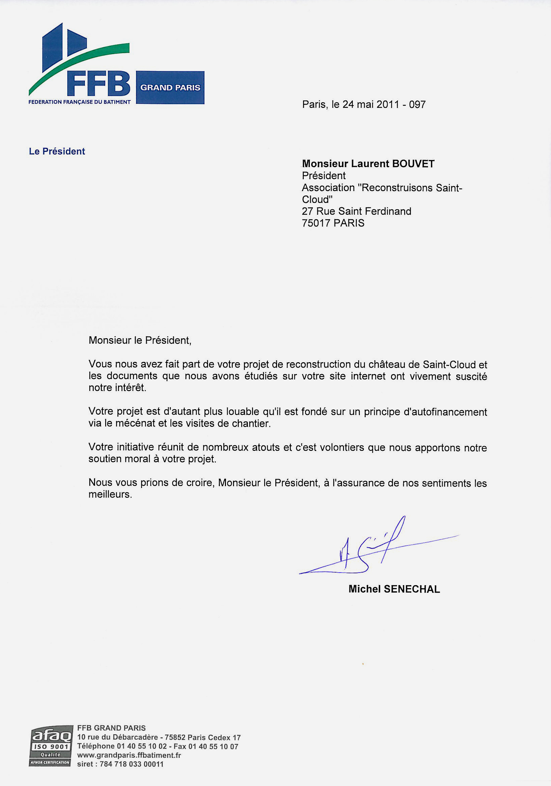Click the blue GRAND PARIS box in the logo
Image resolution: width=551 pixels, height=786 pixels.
170,88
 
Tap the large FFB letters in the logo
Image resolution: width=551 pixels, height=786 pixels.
99,84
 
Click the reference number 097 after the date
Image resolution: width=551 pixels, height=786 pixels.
417,105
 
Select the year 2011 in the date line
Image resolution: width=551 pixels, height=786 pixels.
388,105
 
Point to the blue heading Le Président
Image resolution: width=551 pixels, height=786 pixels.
57,151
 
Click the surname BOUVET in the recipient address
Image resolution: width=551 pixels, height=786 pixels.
413,164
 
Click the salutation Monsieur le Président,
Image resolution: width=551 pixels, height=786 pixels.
140,340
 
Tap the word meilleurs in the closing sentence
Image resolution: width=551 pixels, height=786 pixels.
110,494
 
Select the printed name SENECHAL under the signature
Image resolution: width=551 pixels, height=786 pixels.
412,589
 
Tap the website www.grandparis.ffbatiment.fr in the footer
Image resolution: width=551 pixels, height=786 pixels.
129,755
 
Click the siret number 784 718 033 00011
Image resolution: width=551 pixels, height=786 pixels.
132,764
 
